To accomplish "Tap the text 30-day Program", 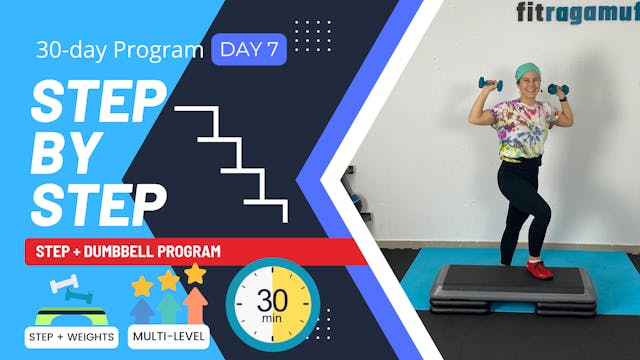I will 119,49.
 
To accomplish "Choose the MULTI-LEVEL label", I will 169,337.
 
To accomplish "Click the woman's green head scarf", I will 526,72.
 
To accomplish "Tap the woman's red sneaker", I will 541,269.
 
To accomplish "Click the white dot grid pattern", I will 313,35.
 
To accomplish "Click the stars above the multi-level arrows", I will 169,279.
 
